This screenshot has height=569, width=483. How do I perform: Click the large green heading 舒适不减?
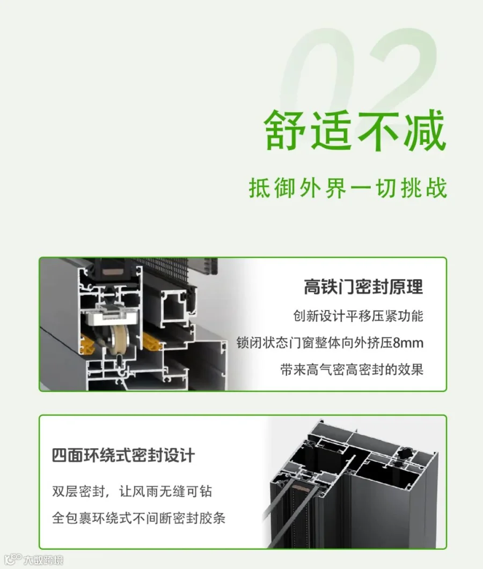point(355,130)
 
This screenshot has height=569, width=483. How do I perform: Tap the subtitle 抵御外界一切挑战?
point(348,188)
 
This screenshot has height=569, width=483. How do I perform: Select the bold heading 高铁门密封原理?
point(363,287)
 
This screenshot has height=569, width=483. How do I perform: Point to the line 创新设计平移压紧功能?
point(358,316)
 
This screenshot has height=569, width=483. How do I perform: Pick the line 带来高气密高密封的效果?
point(352,370)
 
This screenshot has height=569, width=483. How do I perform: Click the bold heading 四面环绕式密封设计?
point(123,455)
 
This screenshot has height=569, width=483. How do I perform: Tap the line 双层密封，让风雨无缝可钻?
point(132,491)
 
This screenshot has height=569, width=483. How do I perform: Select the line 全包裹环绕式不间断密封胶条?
point(138,518)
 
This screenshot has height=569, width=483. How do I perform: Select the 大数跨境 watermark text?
point(43,559)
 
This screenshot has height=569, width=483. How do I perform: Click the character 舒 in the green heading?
point(286,130)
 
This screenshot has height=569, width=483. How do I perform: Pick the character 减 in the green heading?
point(425,130)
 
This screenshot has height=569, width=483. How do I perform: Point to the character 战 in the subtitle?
point(437,188)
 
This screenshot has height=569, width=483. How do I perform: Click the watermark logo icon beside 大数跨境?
point(14,559)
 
